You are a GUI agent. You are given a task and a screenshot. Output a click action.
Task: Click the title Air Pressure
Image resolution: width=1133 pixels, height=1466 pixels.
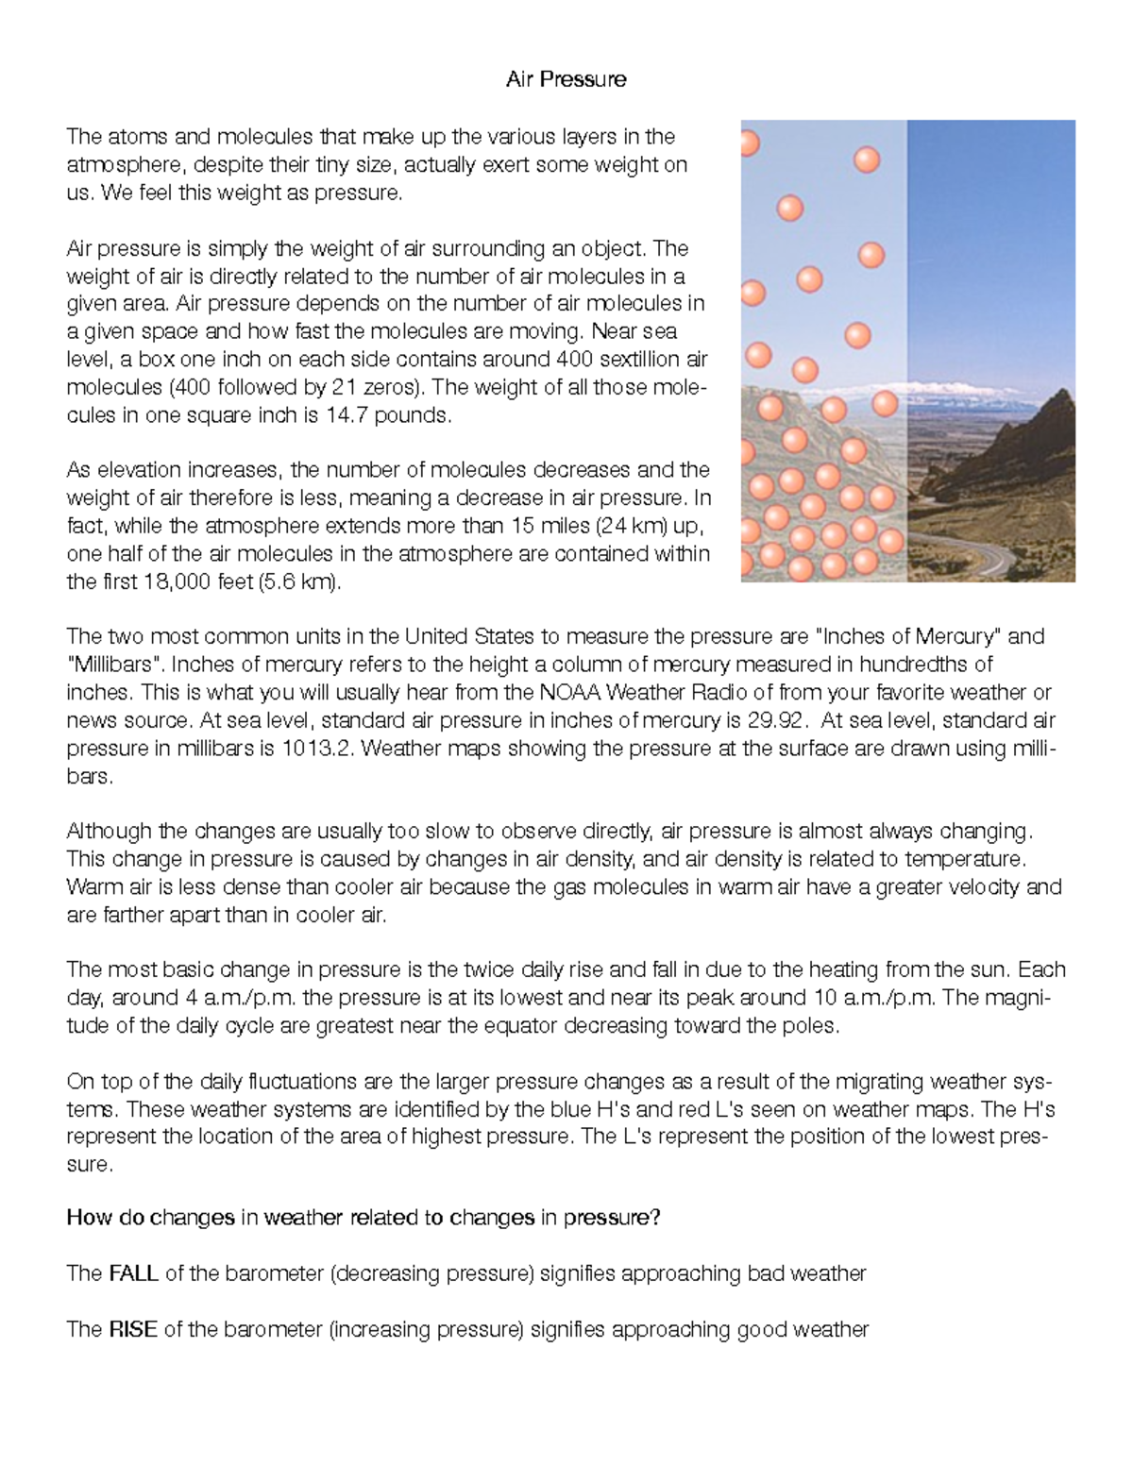[566, 79]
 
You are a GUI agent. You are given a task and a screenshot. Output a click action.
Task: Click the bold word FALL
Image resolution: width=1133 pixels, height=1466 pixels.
[133, 1274]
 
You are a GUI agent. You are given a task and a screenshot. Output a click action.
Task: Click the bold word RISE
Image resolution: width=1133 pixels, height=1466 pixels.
[132, 1330]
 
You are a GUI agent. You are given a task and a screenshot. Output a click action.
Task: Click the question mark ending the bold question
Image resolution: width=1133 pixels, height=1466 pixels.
[655, 1219]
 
